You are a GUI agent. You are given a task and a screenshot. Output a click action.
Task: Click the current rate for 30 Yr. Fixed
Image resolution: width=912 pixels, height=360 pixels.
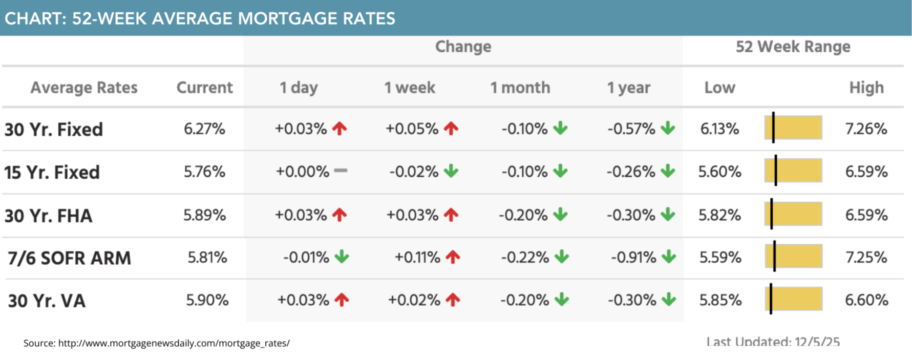[204, 129]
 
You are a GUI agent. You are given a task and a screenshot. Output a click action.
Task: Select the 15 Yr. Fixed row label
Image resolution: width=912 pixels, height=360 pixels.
[52, 172]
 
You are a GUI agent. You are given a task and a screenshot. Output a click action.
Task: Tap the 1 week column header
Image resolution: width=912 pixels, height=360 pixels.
[410, 88]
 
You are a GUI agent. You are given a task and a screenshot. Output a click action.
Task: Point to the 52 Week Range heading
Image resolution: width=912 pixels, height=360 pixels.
[793, 47]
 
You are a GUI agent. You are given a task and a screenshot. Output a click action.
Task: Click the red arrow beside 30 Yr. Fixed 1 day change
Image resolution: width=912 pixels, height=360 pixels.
[340, 128]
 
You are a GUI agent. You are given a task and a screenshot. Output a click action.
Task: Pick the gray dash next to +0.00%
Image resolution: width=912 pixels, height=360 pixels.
[341, 171]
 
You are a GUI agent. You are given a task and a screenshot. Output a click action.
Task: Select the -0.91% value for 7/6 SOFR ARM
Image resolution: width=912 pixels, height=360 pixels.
[633, 257]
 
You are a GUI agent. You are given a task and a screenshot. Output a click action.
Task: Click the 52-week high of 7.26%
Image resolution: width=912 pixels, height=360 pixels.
[866, 129]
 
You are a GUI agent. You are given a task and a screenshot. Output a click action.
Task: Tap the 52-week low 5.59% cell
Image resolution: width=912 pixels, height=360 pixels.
[720, 257]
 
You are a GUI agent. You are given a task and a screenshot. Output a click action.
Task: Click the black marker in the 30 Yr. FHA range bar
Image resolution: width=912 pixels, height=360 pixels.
[772, 214]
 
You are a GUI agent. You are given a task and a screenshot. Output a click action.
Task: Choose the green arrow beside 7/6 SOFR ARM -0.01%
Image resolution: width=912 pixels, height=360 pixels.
[342, 257]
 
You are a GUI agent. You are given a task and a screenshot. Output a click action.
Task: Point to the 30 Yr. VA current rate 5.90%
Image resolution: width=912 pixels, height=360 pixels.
[207, 300]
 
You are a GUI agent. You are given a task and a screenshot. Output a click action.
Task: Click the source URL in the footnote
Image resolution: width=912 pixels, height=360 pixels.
[174, 343]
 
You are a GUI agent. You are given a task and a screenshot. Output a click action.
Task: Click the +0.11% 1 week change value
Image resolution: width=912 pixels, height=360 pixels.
[417, 257]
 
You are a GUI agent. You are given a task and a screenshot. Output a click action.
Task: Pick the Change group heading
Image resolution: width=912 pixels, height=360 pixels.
[463, 47]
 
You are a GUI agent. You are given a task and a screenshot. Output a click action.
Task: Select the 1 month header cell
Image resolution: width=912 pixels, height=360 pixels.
[520, 88]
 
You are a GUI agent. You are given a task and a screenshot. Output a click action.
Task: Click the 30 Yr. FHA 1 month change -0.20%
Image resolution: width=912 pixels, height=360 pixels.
[523, 215]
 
